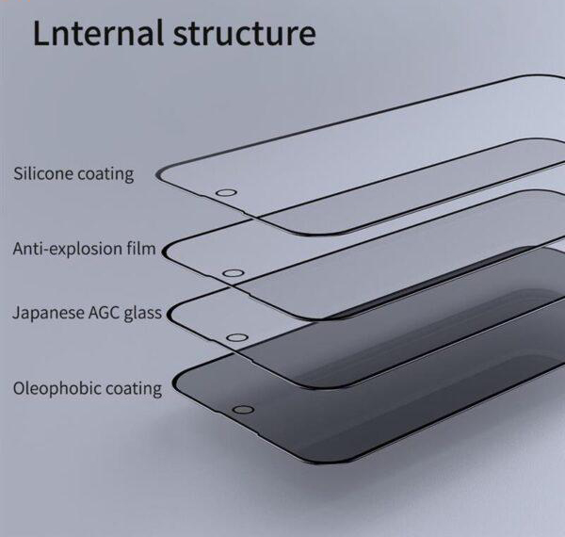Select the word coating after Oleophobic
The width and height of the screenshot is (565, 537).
click(x=134, y=387)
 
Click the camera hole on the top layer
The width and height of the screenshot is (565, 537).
click(x=224, y=194)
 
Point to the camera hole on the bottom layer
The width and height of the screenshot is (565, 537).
click(x=243, y=411)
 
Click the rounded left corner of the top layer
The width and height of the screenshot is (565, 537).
click(x=164, y=173)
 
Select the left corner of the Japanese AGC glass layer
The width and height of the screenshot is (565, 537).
click(x=173, y=313)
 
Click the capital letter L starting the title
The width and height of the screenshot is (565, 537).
click(x=41, y=34)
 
